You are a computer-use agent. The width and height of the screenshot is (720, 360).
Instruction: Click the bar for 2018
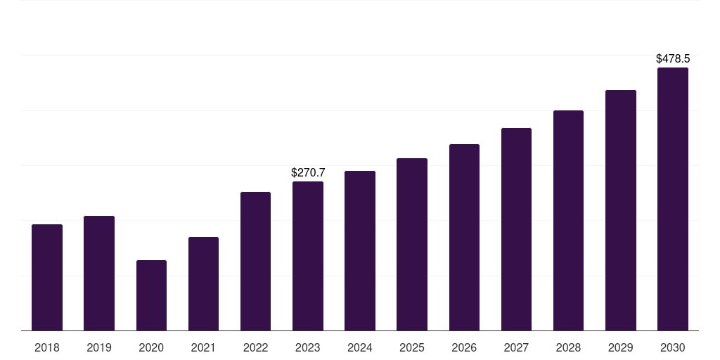pos(47,277)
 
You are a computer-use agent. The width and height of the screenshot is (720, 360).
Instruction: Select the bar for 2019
pos(99,274)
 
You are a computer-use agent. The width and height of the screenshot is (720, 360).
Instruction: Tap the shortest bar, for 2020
pos(152,295)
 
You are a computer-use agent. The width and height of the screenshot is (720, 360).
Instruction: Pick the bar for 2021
pos(203,284)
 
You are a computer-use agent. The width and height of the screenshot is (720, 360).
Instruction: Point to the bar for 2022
pos(255,262)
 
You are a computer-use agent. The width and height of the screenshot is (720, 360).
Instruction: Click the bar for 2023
pos(308,256)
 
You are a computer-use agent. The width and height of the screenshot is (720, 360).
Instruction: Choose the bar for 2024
pos(360,251)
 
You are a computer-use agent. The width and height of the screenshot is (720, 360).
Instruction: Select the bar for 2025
pos(412,244)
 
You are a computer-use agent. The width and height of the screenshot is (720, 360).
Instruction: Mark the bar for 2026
pos(464,238)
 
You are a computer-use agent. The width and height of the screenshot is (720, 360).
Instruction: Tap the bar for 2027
pos(516,229)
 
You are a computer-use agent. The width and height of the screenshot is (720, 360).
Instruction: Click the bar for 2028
pos(568,220)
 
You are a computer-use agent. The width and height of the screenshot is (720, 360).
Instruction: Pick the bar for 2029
pos(621,210)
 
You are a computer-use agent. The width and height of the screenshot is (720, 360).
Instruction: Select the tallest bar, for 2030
pos(673,199)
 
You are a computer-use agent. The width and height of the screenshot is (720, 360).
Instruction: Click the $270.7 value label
pos(308,173)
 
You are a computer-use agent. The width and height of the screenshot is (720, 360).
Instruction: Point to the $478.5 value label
pos(673,59)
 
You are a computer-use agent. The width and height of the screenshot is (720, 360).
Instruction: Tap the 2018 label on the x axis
pos(47,347)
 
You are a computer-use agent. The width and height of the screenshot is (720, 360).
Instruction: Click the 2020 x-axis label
pos(152,347)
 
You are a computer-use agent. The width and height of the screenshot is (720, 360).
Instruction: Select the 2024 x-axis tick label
pos(360,347)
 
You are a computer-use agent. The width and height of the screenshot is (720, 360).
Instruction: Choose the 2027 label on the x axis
pos(516,347)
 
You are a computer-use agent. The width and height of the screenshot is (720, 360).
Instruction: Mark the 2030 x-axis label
pos(673,347)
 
